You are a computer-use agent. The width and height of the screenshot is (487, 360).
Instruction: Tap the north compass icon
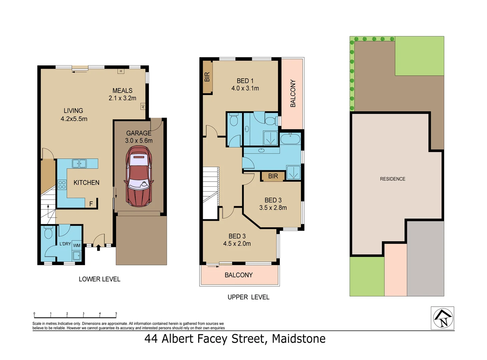point(443,318)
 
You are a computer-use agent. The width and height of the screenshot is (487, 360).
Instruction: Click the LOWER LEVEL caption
point(99,279)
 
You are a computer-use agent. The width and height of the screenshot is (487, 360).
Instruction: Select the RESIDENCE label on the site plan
point(393,179)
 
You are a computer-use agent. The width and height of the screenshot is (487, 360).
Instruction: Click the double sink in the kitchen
point(79,163)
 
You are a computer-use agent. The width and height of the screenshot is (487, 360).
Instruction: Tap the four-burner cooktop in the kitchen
point(62,185)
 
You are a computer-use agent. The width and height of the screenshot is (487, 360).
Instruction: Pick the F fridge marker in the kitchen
point(91,204)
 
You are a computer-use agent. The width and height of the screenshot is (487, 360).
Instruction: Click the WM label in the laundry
point(77,246)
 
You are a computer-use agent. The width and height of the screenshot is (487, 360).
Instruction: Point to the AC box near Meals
point(143,106)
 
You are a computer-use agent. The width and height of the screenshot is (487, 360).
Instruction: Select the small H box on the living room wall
point(121,71)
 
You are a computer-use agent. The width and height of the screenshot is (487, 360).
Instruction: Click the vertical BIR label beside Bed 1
point(207,77)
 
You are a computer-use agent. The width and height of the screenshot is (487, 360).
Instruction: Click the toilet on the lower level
point(49,233)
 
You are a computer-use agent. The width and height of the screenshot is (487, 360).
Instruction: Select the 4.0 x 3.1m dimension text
point(245,88)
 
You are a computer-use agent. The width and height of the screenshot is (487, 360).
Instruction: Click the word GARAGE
point(139,133)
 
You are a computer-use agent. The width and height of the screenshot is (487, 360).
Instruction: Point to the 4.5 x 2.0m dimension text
point(237,244)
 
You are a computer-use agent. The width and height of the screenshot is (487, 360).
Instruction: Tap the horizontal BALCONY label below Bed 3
point(238,275)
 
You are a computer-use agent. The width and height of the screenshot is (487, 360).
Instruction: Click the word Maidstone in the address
point(299,339)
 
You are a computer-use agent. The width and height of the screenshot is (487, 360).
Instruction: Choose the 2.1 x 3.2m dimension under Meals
point(122,98)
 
